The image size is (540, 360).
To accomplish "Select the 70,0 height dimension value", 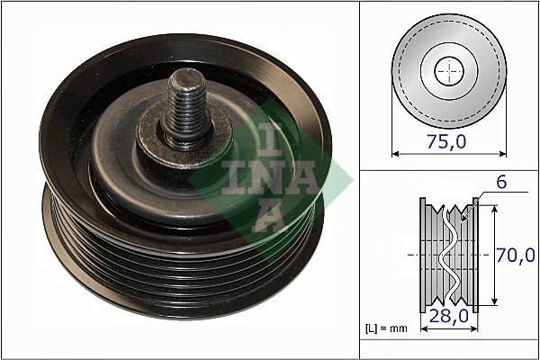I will tap(515, 255).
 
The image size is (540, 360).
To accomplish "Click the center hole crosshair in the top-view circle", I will tap(447, 70).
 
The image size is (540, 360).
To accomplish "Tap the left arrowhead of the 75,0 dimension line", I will tap(395, 154).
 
